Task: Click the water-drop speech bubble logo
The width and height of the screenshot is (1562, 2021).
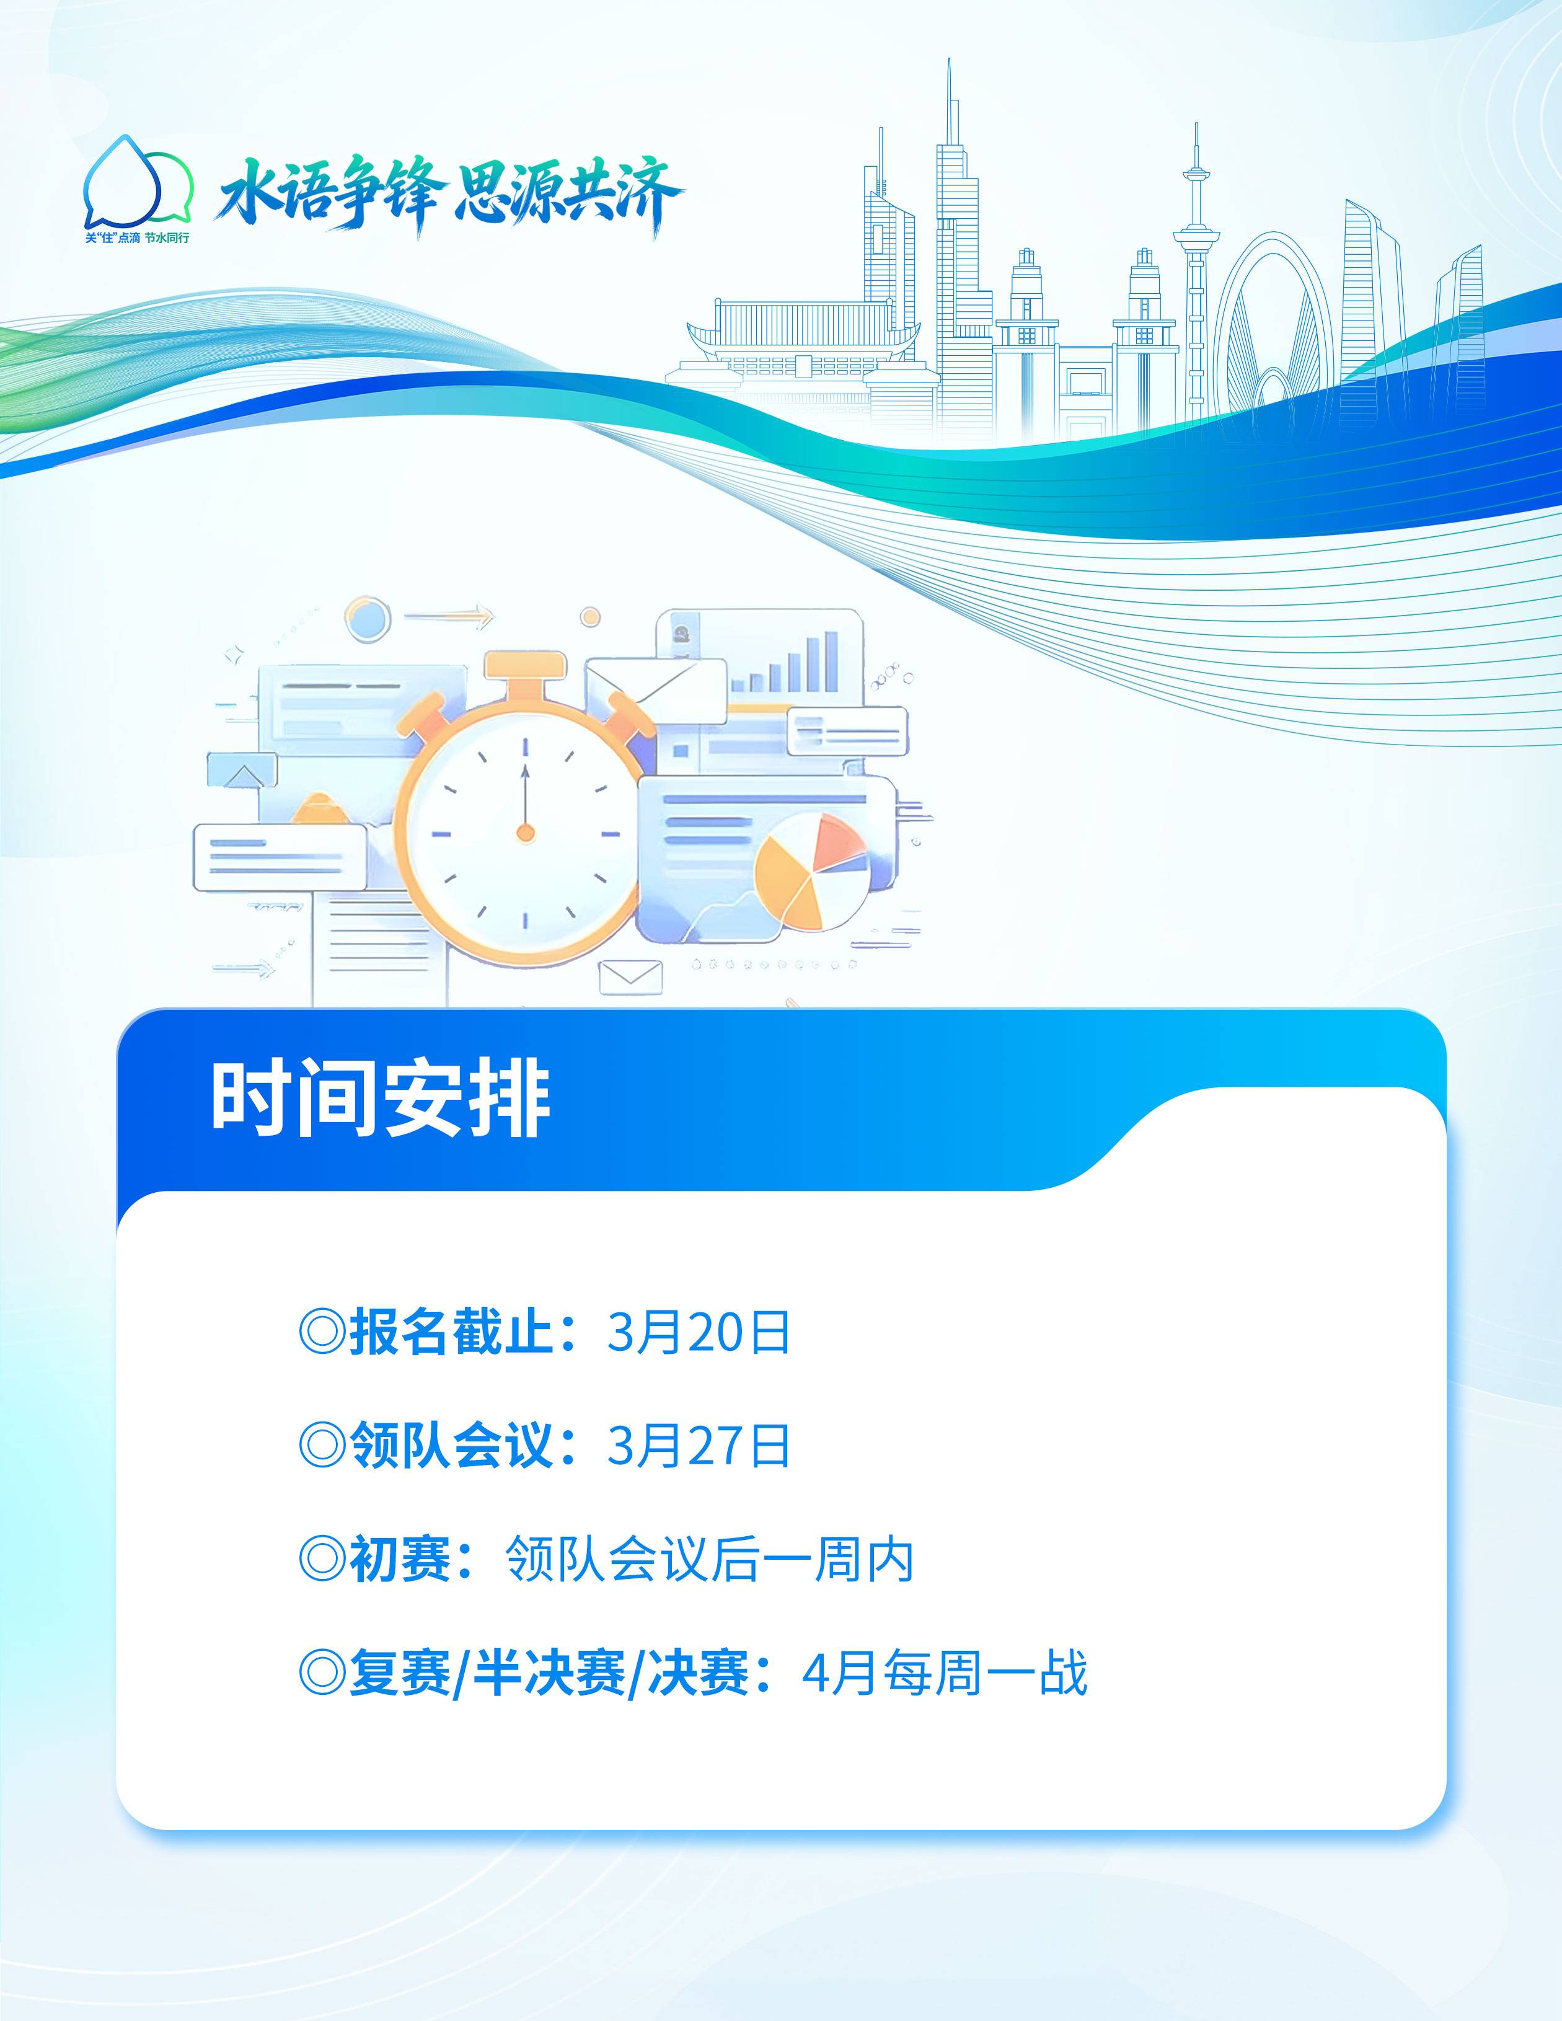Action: tap(137, 182)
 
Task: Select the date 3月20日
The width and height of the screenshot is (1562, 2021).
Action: tap(699, 1332)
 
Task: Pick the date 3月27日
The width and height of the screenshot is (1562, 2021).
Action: tap(699, 1446)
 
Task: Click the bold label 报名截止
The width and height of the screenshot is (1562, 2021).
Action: tap(451, 1332)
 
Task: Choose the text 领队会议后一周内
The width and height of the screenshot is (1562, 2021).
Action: tap(710, 1559)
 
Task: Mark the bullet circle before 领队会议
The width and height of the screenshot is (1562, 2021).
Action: tap(322, 1446)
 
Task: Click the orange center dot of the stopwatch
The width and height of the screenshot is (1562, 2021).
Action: tap(526, 834)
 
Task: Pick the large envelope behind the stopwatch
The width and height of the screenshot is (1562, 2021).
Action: tap(655, 689)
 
